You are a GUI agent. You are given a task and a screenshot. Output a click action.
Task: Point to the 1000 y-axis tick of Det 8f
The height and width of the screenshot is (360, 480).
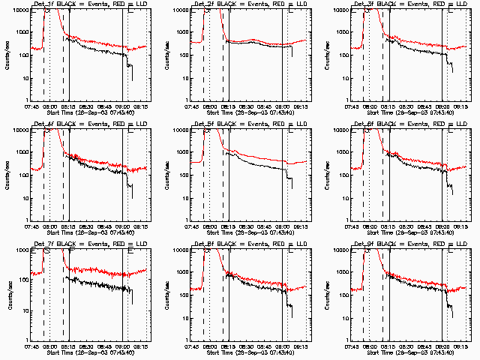(181, 272)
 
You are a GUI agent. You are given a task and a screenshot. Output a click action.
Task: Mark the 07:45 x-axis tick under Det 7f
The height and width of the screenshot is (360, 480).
(31, 346)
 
